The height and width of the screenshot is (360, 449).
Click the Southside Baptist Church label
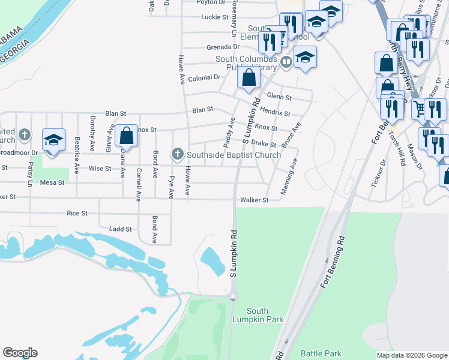234,155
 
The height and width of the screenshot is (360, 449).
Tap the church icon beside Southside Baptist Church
177,155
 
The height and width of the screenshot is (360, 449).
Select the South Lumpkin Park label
265,315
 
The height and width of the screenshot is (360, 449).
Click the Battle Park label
321,354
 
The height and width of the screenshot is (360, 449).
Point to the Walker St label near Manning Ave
253,200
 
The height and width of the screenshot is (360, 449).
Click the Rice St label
77,213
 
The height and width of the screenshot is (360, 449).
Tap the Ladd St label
120,229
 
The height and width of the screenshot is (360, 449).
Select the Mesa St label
52,182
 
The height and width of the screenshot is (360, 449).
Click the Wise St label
100,169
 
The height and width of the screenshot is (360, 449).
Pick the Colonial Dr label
205,78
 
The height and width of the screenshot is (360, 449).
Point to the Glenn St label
279,97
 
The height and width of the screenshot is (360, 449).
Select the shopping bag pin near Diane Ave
126,135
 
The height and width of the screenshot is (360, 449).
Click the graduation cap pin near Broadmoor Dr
53,140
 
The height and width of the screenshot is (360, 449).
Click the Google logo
20,353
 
